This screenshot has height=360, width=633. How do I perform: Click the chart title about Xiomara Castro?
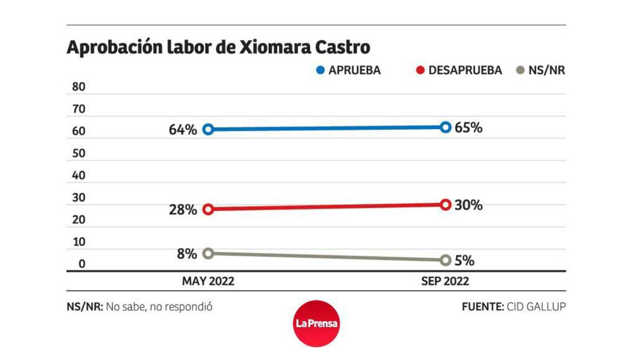[218, 48]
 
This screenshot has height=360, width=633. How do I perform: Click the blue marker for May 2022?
[208, 129]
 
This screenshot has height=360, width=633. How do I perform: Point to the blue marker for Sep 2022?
[446, 127]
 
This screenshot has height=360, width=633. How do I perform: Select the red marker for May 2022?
[208, 209]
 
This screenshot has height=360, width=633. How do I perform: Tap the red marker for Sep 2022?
[446, 205]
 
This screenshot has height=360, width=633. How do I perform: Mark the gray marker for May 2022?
[208, 253]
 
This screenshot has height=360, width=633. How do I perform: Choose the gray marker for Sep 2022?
[446, 260]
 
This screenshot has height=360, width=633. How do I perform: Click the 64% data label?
[183, 130]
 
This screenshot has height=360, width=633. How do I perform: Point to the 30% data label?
[469, 205]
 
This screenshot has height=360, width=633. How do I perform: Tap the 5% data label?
[464, 261]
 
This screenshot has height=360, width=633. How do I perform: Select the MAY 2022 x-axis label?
[208, 281]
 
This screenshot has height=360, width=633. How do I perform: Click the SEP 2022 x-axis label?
[445, 281]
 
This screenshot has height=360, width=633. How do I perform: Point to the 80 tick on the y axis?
[79, 87]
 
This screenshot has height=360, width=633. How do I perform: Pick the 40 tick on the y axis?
[79, 176]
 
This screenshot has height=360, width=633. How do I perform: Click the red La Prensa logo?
[317, 324]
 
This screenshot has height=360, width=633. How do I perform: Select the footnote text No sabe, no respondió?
[159, 307]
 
